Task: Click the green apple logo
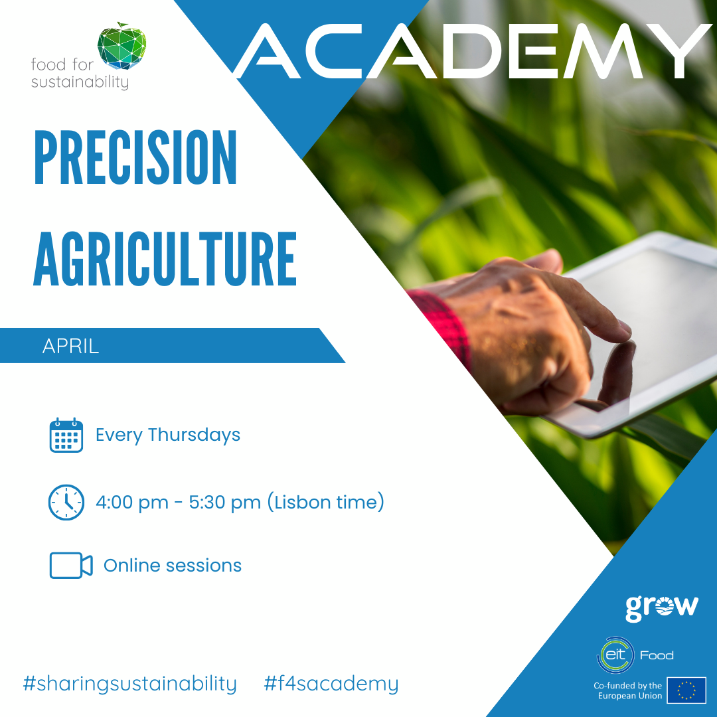tap(121, 46)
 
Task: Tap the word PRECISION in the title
tap(136, 157)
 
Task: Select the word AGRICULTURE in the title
tap(165, 259)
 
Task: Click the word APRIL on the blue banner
tap(70, 346)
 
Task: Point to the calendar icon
tap(66, 435)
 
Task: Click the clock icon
tap(66, 502)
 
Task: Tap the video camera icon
tap(71, 566)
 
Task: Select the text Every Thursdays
tap(168, 435)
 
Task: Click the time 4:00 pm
tap(131, 502)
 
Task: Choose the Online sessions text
tap(173, 566)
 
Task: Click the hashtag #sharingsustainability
tap(130, 684)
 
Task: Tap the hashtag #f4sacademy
tap(331, 684)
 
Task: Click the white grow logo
tap(662, 607)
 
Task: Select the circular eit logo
tap(615, 655)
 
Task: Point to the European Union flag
tap(686, 690)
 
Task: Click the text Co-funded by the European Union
tap(628, 690)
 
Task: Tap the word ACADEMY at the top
tap(473, 51)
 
